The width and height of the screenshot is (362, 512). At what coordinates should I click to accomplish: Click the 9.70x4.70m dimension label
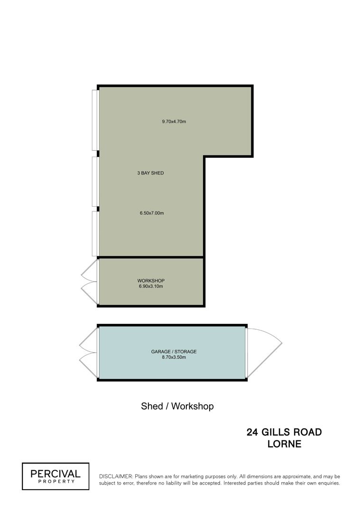174,121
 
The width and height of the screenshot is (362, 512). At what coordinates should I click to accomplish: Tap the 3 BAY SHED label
150,173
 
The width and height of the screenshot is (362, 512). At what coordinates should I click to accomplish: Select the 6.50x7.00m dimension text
152,213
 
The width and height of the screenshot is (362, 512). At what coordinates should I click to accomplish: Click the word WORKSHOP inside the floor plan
150,281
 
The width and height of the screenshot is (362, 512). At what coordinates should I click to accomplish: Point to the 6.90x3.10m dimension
150,286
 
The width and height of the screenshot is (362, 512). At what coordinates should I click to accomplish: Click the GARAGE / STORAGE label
174,352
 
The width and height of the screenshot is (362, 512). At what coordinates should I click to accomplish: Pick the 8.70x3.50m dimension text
174,357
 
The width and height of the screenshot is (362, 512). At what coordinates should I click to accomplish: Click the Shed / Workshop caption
177,406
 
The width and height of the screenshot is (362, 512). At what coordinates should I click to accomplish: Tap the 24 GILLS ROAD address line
284,432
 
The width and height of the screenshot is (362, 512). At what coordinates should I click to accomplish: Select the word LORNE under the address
284,444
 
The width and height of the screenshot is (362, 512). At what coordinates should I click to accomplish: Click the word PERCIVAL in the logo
56,474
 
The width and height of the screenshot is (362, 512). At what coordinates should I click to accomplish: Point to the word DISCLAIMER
116,477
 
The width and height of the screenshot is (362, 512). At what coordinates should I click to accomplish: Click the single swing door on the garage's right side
264,352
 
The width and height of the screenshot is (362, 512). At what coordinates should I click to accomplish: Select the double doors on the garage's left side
89,353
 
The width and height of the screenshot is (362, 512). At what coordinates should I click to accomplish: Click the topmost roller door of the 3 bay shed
95,120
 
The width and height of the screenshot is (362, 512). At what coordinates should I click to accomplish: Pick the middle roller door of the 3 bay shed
95,182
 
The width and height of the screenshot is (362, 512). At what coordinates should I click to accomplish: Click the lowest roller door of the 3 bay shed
95,234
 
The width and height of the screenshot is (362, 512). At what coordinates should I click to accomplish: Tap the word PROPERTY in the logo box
56,481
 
